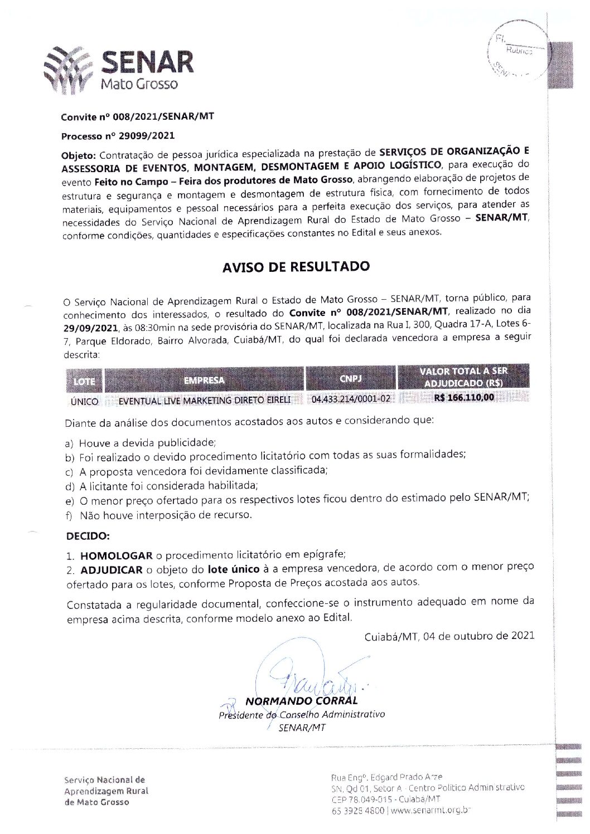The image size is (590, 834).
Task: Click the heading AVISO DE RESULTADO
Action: (296, 266)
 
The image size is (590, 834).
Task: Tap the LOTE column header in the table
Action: (84, 382)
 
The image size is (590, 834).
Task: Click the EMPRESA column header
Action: (204, 381)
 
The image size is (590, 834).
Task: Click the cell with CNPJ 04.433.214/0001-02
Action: (351, 399)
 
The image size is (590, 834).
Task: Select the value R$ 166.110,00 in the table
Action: (463, 398)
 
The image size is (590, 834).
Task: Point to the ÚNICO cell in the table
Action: (85, 401)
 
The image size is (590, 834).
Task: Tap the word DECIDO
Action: (88, 536)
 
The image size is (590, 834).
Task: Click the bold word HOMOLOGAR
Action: (116, 555)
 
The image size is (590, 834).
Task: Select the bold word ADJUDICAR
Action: (111, 570)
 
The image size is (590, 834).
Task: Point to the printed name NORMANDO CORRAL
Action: (301, 701)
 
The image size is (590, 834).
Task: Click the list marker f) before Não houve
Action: (70, 515)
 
